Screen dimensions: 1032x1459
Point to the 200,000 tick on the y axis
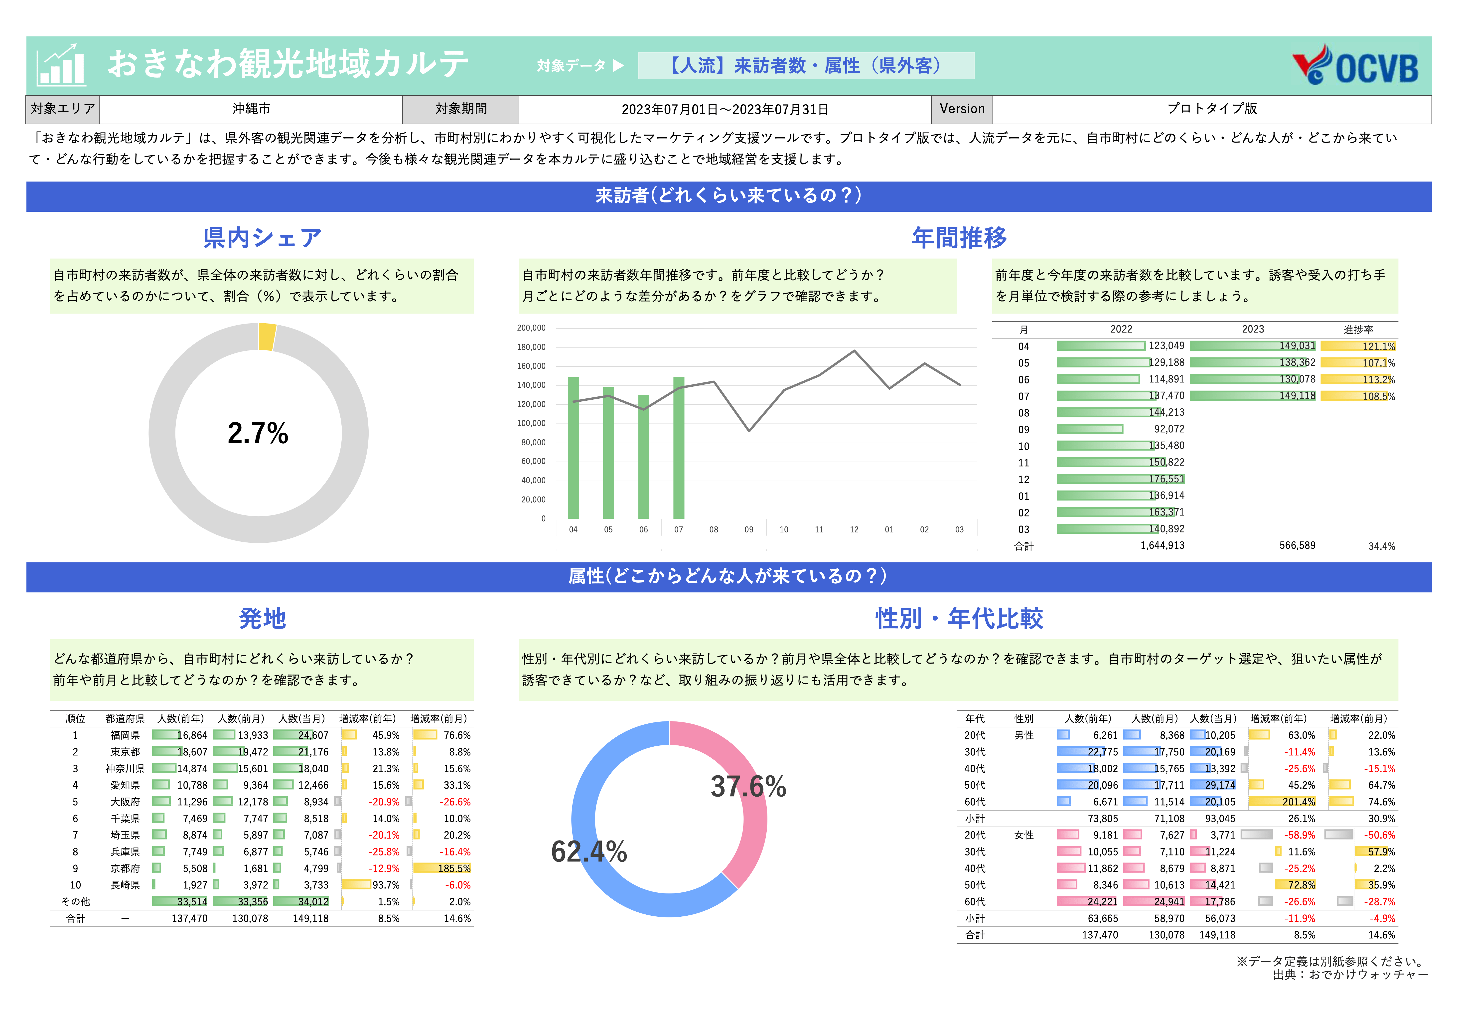(531, 328)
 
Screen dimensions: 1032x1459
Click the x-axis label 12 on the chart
(854, 529)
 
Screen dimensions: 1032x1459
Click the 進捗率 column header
(1358, 329)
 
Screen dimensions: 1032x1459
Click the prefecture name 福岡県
(125, 735)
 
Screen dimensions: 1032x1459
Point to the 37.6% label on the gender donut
(748, 787)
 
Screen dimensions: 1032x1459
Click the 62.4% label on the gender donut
(589, 852)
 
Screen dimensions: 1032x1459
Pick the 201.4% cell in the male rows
(1298, 802)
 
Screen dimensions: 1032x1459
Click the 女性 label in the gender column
(1024, 835)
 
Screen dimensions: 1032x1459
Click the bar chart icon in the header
(61, 65)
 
